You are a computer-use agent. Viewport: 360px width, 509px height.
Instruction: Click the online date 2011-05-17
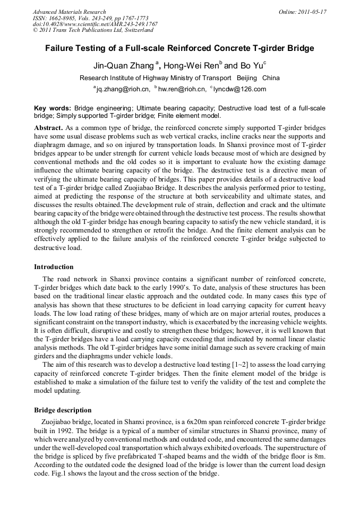310,12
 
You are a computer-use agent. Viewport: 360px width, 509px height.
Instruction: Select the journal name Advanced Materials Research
69,12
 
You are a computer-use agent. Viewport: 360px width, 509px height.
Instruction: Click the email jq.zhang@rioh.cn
122,89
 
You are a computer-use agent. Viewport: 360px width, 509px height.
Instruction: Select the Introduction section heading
54,266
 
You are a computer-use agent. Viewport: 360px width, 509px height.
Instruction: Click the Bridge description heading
63,410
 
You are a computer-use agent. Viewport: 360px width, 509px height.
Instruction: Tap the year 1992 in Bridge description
65,431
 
